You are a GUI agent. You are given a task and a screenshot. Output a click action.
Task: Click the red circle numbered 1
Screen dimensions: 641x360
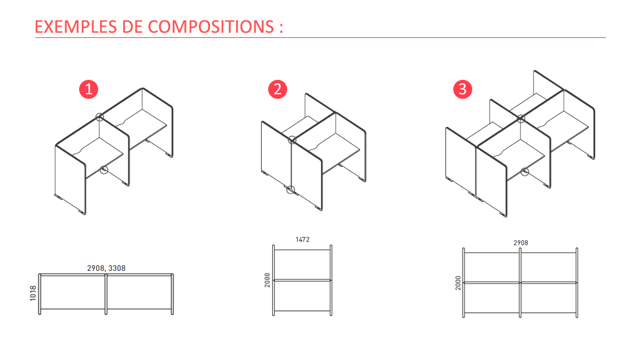coord(89,89)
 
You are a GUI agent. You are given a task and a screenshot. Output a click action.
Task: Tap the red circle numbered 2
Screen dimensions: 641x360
coord(277,89)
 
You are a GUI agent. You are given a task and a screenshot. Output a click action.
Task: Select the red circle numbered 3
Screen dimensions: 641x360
coord(463,89)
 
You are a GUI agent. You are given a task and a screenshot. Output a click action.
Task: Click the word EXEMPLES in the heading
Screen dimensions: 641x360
coord(76,27)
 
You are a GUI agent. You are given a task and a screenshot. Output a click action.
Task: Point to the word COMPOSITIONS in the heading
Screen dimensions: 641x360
coord(211,27)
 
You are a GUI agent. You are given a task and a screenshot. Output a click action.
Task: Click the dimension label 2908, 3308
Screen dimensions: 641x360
coord(106,268)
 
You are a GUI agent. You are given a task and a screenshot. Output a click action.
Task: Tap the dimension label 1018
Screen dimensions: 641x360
coord(33,293)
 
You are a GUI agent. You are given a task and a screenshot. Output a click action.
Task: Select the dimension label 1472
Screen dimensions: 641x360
coord(302,240)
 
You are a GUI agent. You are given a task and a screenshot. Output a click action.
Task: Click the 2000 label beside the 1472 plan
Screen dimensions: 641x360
coord(268,280)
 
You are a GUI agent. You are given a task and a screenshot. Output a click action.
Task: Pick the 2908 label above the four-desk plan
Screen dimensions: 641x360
coord(521,243)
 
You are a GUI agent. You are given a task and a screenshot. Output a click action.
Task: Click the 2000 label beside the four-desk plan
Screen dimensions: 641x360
coord(458,283)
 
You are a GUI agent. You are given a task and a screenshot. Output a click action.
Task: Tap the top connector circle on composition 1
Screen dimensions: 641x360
coord(99,117)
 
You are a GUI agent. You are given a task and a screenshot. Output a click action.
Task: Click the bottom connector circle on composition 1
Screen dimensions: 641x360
coord(104,170)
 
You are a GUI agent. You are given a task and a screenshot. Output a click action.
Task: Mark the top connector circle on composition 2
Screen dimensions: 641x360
coord(292,140)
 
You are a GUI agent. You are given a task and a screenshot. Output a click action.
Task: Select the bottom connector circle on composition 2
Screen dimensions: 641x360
coord(290,190)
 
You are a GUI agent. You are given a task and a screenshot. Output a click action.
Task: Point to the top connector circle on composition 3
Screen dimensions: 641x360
coord(521,118)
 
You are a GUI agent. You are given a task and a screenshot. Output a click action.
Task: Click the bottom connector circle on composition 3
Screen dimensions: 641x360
coord(525,171)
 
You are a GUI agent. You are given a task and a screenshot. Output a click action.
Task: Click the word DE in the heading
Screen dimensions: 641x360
coord(132,27)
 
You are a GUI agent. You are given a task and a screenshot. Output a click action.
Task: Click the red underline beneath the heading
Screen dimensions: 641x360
coord(320,38)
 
